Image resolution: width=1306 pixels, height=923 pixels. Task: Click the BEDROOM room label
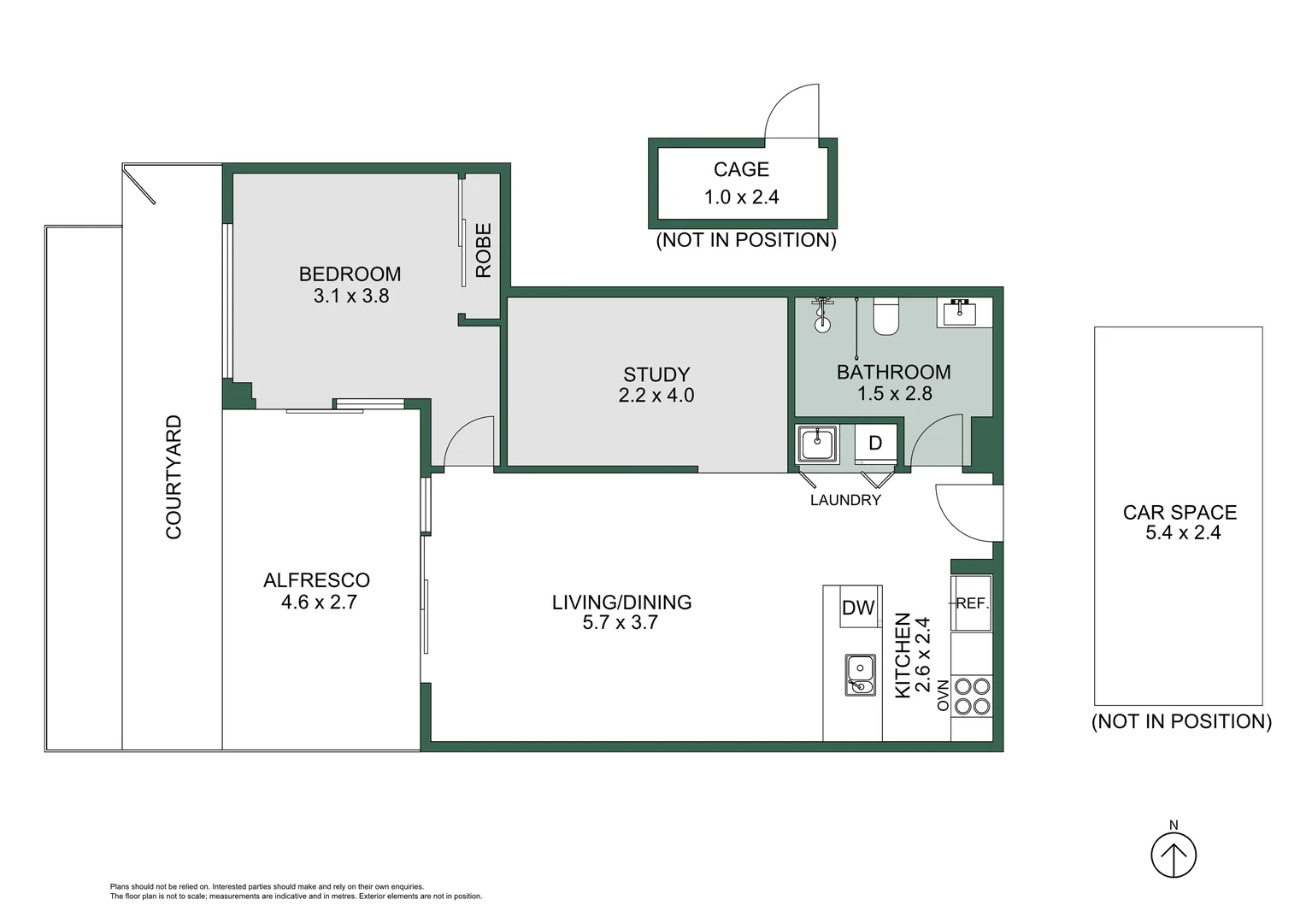point(350,274)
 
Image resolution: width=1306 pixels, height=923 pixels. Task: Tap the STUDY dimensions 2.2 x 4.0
point(656,396)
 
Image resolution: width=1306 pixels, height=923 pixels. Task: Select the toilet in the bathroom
point(885,317)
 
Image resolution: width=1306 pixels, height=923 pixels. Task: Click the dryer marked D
point(875,444)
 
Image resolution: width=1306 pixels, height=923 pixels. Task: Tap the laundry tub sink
point(817,444)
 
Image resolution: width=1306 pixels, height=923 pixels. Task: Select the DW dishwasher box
point(859,608)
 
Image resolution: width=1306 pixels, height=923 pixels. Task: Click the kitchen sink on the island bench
point(860,674)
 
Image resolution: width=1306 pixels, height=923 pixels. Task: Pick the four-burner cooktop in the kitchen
point(972,696)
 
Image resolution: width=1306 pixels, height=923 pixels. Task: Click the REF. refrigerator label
point(972,603)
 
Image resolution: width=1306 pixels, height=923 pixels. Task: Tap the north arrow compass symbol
point(1173,855)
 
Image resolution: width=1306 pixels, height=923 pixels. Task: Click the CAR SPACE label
point(1180,513)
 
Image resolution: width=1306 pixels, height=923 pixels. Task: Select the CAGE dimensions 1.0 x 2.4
point(741,197)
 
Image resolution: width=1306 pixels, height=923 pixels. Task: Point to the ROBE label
point(484,250)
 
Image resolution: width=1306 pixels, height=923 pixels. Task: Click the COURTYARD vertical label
point(174,477)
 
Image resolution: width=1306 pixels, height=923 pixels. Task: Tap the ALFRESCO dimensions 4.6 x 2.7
point(319,602)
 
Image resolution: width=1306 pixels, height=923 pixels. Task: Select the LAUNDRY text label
point(844,501)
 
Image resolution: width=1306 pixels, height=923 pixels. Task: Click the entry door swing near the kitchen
point(968,512)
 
